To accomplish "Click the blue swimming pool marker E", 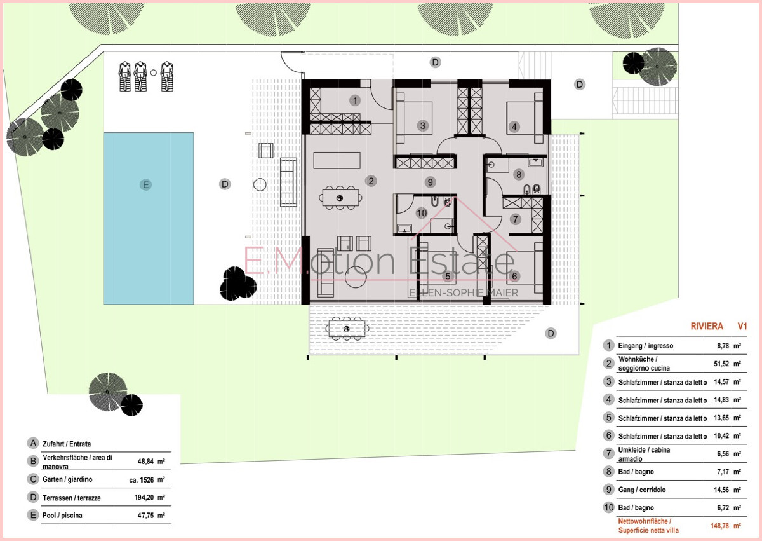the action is [145, 185].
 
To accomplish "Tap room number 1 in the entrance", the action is [355, 100].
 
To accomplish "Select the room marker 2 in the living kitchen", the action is [371, 181].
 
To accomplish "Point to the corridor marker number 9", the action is [430, 182].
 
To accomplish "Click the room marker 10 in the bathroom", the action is [422, 213].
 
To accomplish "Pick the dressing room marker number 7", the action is [516, 219].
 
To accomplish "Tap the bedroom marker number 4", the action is [514, 127].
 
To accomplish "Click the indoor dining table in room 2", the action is [340, 198].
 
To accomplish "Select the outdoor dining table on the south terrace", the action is [347, 329].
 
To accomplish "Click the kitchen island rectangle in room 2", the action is [337, 160].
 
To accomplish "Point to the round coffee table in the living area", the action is [356, 277].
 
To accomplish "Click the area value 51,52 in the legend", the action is [721, 364].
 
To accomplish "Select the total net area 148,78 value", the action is [720, 526].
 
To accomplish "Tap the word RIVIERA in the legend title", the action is [707, 326].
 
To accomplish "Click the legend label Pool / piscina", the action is [62, 515].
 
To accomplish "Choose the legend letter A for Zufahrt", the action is [33, 443].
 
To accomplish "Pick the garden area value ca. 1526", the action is [142, 480].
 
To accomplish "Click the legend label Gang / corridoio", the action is [642, 490].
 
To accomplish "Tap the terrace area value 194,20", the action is [144, 497].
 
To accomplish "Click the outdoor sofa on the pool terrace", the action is [288, 182].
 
